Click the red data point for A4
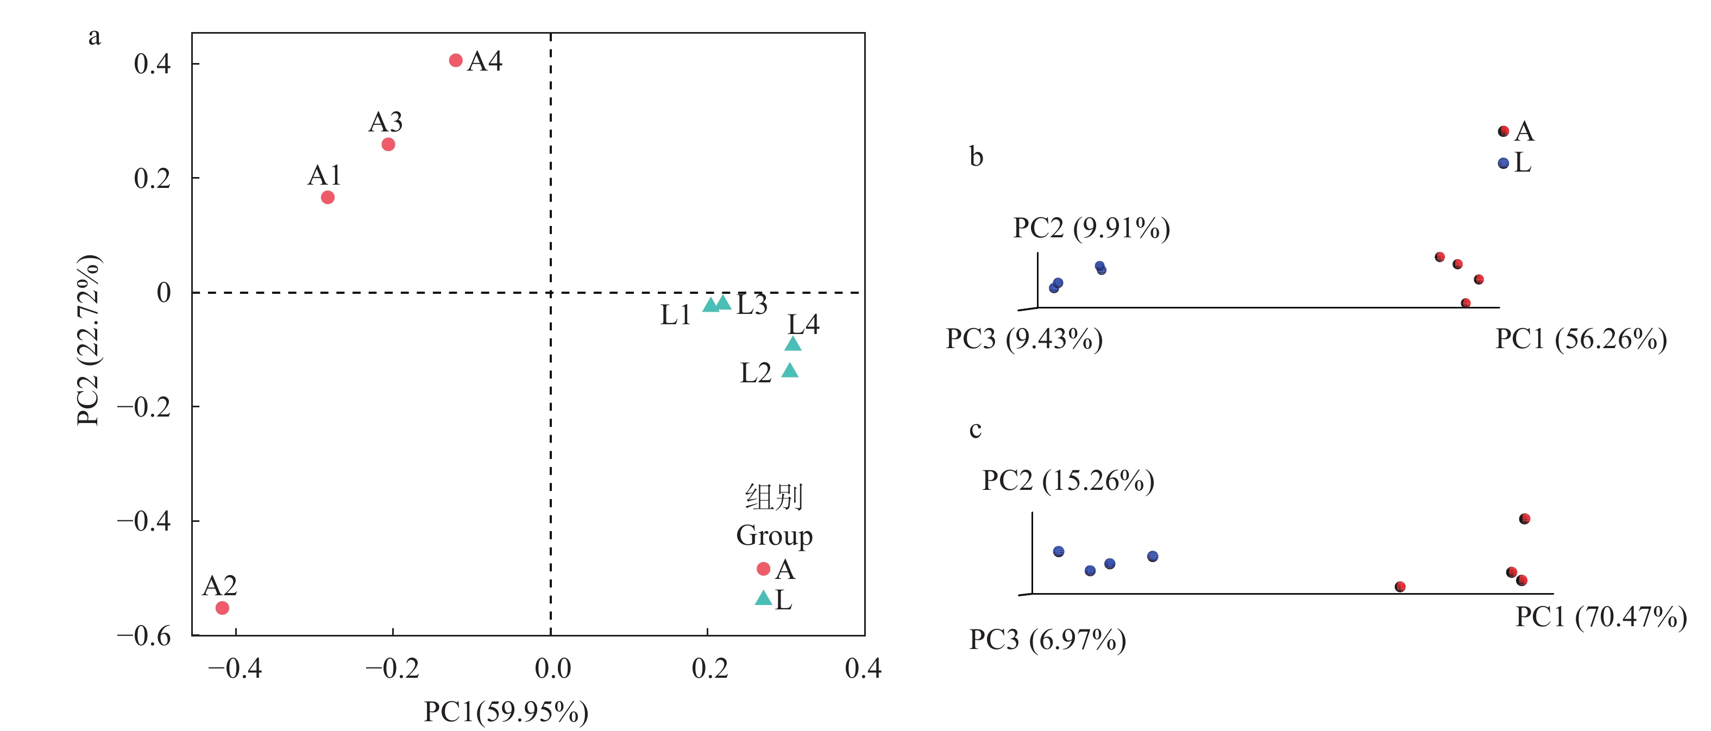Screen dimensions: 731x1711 tap(456, 60)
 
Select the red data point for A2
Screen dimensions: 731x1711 tap(223, 608)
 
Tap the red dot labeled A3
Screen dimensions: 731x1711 tap(388, 144)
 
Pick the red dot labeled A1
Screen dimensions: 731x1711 tap(328, 197)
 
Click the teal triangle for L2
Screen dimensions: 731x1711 tap(790, 370)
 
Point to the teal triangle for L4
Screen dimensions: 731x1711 tap(792, 344)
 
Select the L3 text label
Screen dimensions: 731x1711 tap(752, 305)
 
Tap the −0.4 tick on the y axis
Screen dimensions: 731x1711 tap(144, 520)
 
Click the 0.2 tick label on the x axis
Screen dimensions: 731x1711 tap(709, 668)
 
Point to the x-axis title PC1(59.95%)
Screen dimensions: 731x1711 tap(506, 711)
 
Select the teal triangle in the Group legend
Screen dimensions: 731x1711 tap(763, 598)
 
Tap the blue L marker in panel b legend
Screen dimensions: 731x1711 tap(1503, 163)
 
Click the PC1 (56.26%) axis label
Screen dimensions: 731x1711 tap(1581, 338)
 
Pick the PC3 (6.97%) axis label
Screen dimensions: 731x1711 tap(1047, 639)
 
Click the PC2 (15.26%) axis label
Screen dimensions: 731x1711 tap(1068, 480)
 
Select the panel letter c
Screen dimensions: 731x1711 tap(975, 430)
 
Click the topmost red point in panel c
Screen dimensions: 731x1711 tap(1524, 519)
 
